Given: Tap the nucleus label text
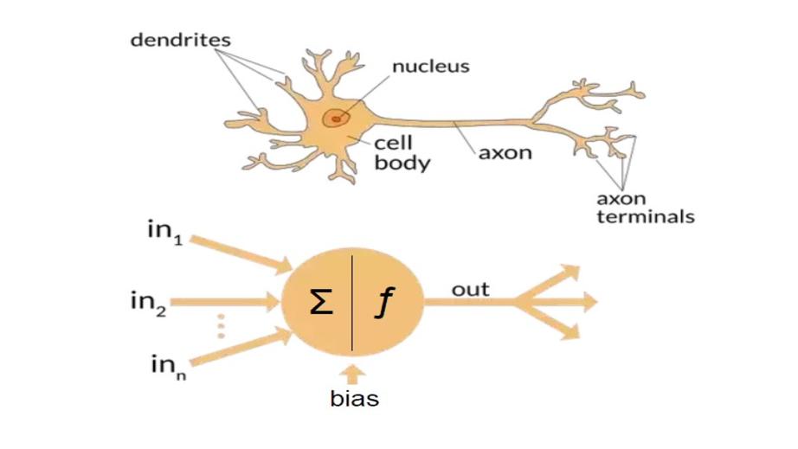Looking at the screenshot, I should pos(431,66).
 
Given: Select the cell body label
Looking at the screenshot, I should pos(401,152).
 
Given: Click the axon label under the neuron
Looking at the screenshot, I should pos(505,154).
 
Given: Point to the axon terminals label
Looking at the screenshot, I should pos(645,208).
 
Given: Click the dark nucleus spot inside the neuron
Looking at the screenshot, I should pos(335,118).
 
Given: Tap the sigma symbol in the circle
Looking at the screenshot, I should pos(320,304).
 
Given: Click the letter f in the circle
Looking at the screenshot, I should pos(381,304).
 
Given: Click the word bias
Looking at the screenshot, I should pos(355,399).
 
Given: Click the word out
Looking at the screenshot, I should pos(470,289).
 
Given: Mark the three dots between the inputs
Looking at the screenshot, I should pos(221,325).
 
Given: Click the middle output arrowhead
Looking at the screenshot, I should pos(585,302).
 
